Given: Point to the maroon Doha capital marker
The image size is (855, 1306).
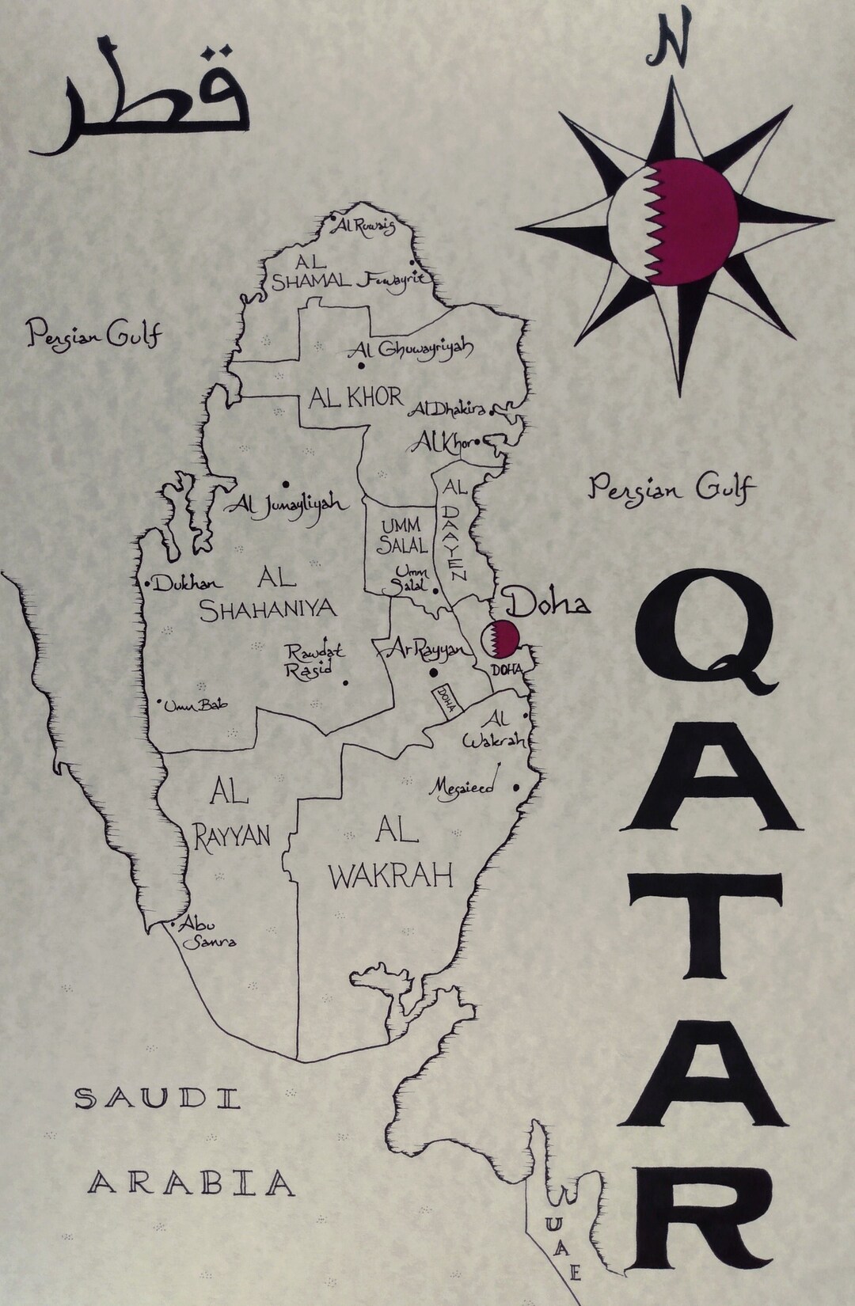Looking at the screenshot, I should coord(500,639).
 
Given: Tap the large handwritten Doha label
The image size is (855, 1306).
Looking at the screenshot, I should coord(548,605).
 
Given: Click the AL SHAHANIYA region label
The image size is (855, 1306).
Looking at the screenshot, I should coord(268,593).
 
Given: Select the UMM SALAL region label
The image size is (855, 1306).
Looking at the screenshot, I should coord(404,535).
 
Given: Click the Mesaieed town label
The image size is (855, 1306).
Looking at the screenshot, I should coord(462,788).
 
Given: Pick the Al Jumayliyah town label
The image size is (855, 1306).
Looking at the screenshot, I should coord(286,504).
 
